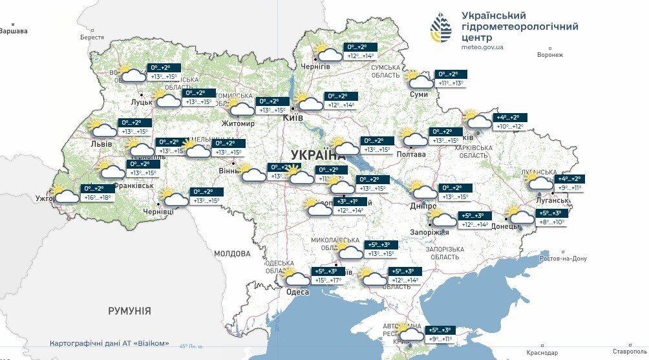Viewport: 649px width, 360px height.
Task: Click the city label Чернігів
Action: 315,67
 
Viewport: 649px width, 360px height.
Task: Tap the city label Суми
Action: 418,94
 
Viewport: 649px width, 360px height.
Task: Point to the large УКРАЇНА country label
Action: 318,154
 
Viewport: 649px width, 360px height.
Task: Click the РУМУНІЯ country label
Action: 129,311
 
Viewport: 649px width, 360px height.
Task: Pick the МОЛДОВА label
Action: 232,253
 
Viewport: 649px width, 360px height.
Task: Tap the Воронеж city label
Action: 550,55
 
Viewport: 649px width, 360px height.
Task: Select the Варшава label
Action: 14,30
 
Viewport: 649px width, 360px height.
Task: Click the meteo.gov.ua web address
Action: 482,47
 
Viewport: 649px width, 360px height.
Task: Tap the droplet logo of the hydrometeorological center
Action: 442,27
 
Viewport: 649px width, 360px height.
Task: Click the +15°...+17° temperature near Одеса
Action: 328,281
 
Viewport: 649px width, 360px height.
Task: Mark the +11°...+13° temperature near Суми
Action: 451,83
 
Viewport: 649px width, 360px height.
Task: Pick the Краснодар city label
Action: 542,353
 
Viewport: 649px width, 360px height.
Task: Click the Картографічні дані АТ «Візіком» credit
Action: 109,343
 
